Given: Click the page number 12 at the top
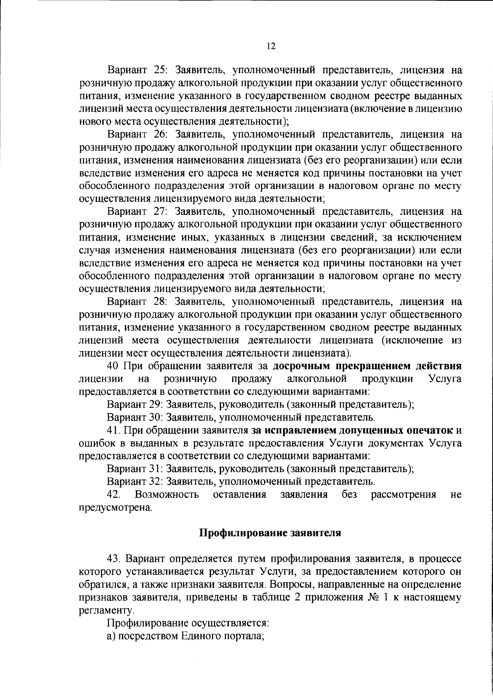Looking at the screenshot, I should [271, 46].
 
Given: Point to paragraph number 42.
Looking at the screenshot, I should [113, 494].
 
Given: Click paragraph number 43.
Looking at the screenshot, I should [113, 559].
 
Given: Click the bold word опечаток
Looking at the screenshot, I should [429, 430].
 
